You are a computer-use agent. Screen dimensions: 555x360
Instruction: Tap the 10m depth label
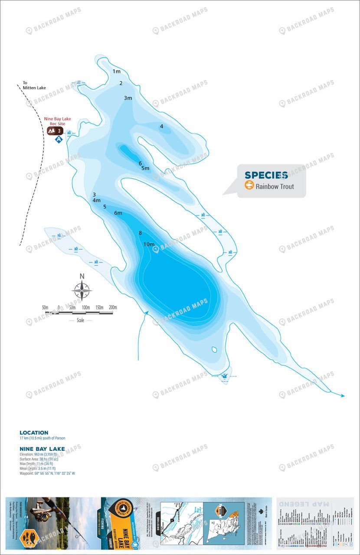149,244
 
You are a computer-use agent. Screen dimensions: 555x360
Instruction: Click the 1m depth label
116,71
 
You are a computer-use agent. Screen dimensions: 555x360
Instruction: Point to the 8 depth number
140,233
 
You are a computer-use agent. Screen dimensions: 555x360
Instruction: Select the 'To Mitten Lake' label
34,85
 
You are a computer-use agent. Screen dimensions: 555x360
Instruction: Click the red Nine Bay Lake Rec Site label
57,121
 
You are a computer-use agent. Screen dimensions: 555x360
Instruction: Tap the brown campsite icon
55,131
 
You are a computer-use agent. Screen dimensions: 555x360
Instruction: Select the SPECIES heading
266,175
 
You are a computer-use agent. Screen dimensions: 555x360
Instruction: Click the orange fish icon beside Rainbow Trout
249,186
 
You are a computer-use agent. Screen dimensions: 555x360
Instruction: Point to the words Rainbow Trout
275,186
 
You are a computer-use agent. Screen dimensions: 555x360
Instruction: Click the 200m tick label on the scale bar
113,307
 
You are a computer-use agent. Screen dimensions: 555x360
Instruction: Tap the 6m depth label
118,213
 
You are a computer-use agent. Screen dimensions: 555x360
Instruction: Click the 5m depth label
145,168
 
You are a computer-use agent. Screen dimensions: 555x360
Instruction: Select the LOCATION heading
34,433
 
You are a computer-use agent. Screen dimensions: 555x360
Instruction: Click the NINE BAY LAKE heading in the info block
42,449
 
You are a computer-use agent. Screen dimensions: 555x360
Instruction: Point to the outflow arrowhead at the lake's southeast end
343,395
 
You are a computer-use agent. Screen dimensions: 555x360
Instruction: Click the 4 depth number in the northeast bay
161,126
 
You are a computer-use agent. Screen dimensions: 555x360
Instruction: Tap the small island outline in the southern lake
214,349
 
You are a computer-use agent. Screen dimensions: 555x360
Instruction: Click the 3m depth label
128,98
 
